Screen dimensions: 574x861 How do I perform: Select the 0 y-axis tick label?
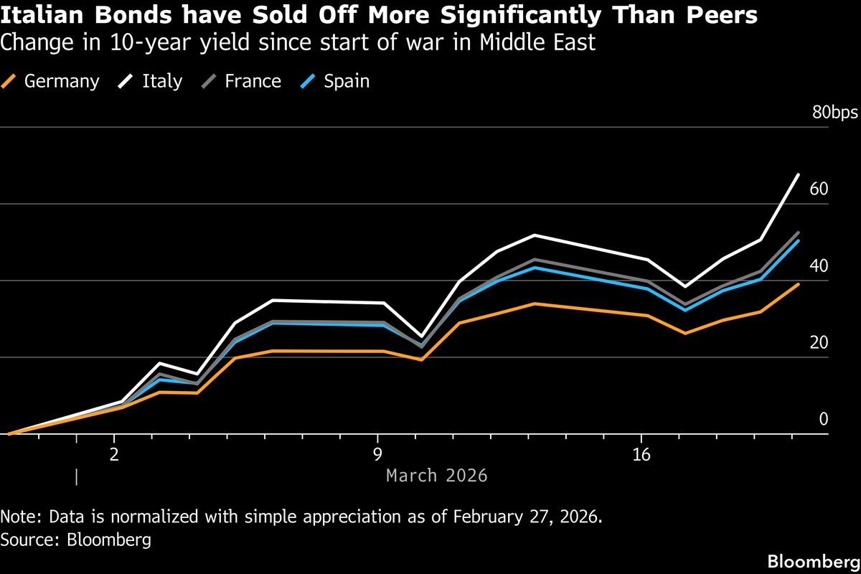tap(824, 419)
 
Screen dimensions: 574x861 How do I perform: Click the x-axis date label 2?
tap(114, 454)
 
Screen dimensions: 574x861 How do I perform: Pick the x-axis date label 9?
tap(377, 454)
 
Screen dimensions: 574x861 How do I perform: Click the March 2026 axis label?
tap(436, 475)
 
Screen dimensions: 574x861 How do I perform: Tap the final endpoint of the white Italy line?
tap(798, 174)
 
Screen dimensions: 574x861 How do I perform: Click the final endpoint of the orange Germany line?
tap(798, 285)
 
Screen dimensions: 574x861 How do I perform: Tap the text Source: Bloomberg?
tap(76, 540)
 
